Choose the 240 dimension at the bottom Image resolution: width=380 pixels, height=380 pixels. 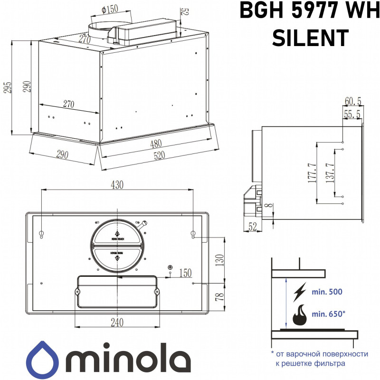click(x=117, y=322)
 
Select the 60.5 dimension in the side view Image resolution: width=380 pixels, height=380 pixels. click(x=353, y=101)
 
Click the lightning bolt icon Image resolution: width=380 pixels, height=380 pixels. click(x=300, y=291)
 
